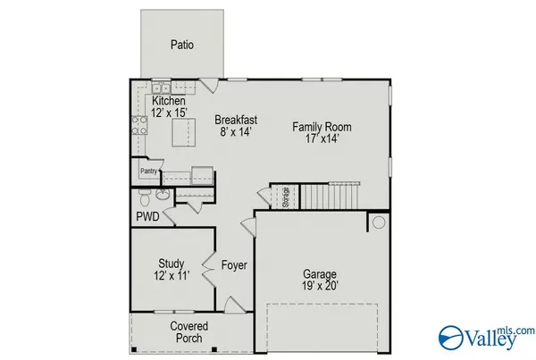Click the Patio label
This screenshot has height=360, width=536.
click(182, 45)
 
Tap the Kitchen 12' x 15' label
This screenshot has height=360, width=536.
click(170, 107)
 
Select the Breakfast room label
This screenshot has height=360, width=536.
click(236, 125)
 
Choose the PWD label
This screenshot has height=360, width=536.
click(147, 216)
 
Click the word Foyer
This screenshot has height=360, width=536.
click(234, 265)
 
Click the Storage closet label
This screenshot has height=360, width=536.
click(285, 196)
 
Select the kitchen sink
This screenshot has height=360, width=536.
click(161, 88)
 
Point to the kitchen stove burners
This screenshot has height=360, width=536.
click(140, 124)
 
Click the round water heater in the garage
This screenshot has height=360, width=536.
click(378, 222)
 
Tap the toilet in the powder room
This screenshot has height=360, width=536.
click(163, 196)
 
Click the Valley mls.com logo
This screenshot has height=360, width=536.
click(486, 335)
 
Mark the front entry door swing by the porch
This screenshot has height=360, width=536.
click(230, 306)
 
